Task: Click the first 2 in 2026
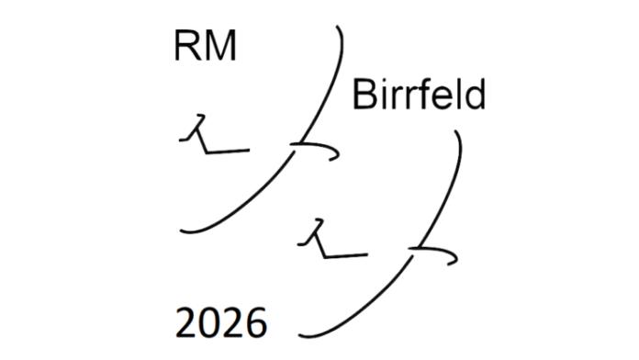click(x=187, y=325)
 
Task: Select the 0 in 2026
click(x=210, y=325)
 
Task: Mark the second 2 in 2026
click(x=233, y=325)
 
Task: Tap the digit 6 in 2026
click(x=256, y=325)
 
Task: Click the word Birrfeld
click(x=418, y=96)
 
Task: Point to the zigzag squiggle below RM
click(x=207, y=136)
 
